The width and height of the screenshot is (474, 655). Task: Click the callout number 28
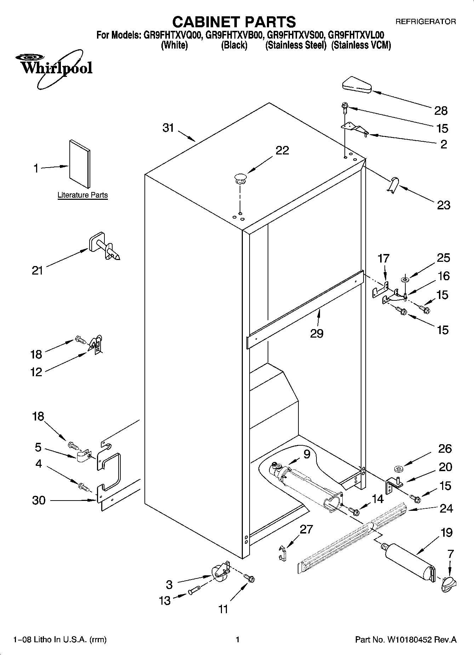point(441,111)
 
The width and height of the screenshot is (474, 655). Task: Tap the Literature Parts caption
point(82,195)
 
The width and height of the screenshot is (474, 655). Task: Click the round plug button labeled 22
point(240,178)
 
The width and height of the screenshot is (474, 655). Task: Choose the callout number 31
point(168,128)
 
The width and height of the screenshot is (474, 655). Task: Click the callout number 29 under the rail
point(316,333)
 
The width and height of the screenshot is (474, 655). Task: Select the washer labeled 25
point(404,280)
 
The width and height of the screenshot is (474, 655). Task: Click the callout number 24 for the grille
point(446,508)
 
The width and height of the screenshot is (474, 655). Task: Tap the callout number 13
point(165,601)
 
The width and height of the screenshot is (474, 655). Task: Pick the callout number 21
point(37,271)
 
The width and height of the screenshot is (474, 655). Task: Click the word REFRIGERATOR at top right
point(426,22)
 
